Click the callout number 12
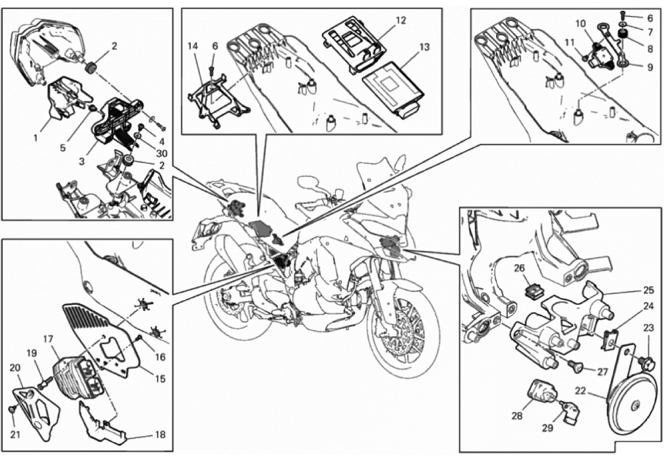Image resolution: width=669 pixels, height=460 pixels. (x=400, y=21)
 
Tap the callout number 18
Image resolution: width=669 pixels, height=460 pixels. (x=160, y=435)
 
